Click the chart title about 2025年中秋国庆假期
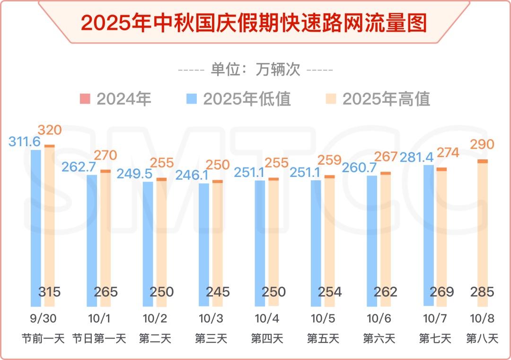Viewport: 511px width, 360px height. tap(254, 22)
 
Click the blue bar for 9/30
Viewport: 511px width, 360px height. tap(36, 227)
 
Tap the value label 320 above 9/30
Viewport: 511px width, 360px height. tap(50, 130)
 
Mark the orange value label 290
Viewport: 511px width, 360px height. tap(482, 144)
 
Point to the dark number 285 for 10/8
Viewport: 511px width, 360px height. tap(482, 292)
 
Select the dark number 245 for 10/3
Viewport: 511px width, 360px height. tap(218, 292)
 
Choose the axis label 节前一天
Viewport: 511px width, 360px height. tap(43, 339)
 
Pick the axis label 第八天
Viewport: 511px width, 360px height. tap(482, 339)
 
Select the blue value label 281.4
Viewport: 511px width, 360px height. tap(417, 157)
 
